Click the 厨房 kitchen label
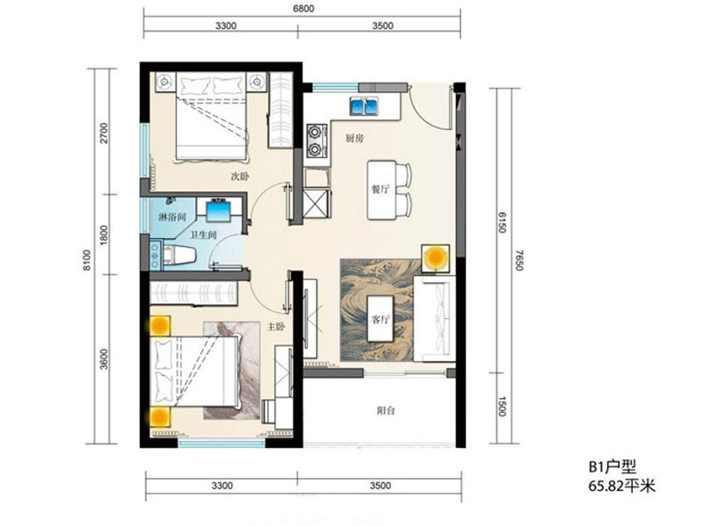[x=354, y=139]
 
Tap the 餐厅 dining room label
[x=380, y=190]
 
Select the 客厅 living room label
[x=380, y=320]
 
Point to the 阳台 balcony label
[x=386, y=410]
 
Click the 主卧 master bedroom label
[x=276, y=327]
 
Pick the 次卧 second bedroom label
[x=240, y=177]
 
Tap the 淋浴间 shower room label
[x=172, y=218]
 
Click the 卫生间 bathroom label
[x=204, y=235]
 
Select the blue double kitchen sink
[x=364, y=105]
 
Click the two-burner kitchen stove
[x=317, y=140]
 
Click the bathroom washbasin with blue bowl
[x=218, y=209]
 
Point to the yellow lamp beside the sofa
[x=435, y=257]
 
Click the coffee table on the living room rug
[x=380, y=319]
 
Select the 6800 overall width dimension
[x=304, y=9]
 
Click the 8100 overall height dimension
[x=87, y=260]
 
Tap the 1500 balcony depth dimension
[x=502, y=407]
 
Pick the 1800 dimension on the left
[x=104, y=235]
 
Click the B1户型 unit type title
[x=612, y=468]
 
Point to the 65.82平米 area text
[x=622, y=486]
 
